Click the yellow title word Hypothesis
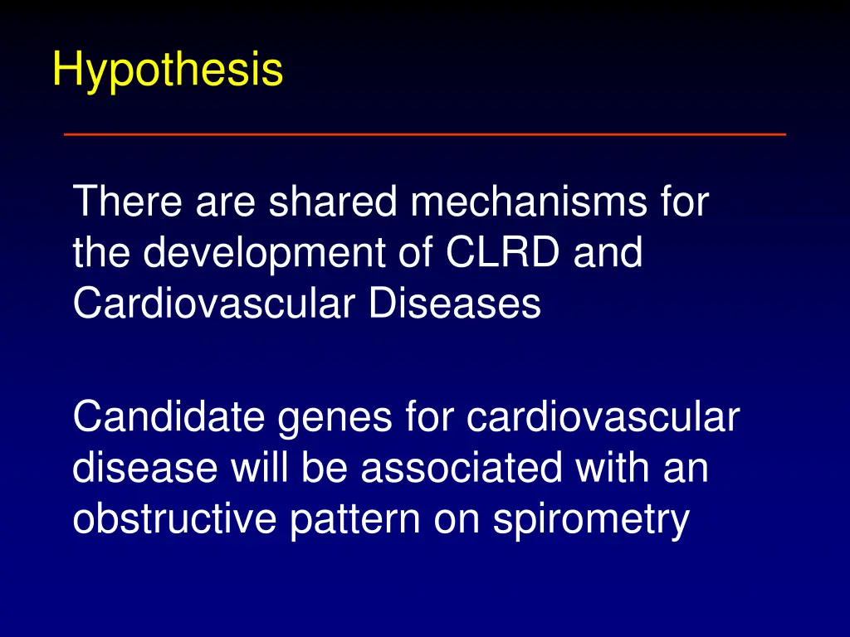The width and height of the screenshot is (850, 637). coord(167,70)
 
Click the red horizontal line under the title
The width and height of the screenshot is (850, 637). coord(424,134)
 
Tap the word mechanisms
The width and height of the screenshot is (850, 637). coord(523,202)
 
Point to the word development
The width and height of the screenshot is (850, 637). coord(263,254)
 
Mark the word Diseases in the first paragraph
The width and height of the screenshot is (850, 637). coord(455,304)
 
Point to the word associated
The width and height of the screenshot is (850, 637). coord(467,469)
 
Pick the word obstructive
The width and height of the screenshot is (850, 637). coord(175,519)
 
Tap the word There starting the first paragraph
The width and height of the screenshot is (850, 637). coord(129,202)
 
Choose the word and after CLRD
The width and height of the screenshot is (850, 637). coord(609,254)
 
